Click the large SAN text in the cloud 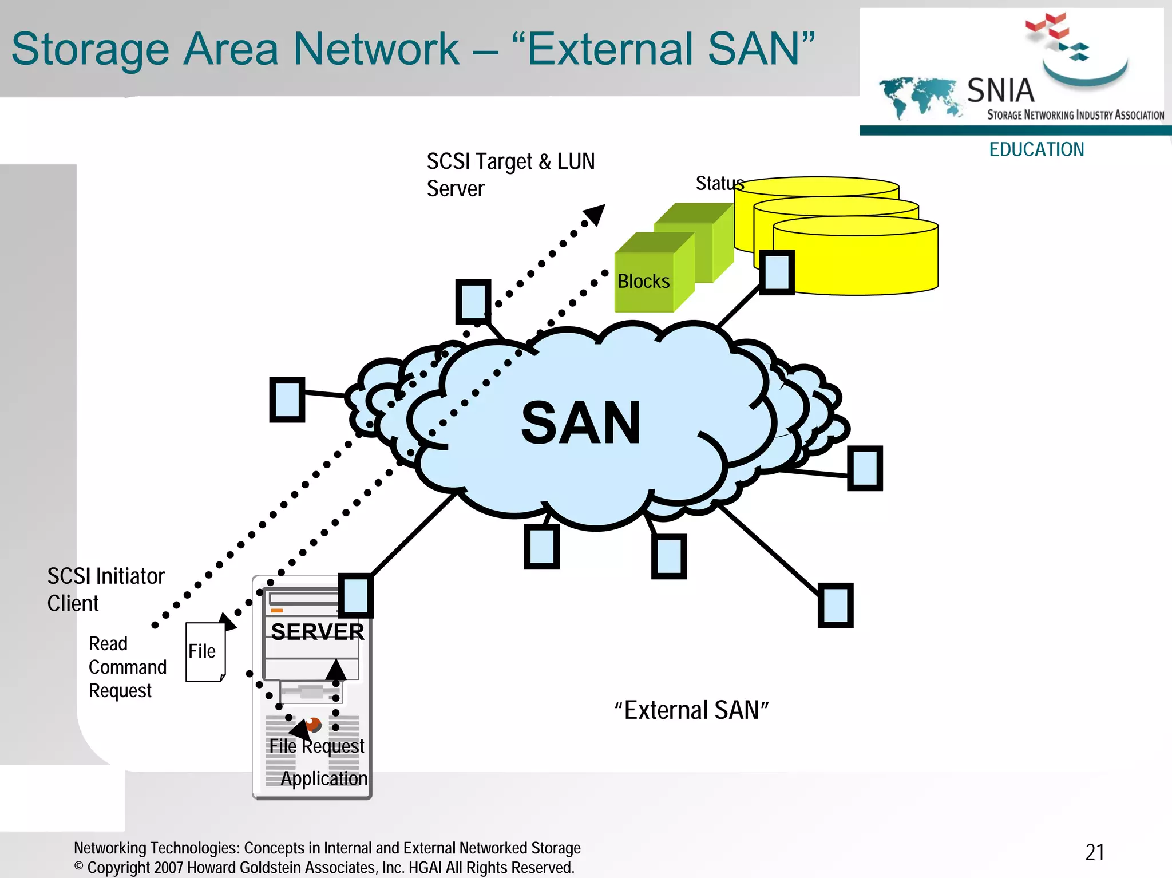(x=581, y=423)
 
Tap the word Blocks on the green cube (x=643, y=282)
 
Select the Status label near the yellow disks (x=719, y=184)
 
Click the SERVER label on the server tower (x=318, y=632)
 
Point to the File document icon (x=205, y=652)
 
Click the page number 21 (x=1095, y=852)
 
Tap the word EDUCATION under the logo (x=1036, y=149)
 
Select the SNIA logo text (x=1000, y=90)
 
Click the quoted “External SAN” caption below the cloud (x=691, y=710)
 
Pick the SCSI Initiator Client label (x=106, y=590)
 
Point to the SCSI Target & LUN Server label (x=510, y=175)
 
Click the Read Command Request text (x=127, y=667)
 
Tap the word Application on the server (x=324, y=778)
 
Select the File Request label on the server (x=316, y=746)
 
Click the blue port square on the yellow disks (x=777, y=272)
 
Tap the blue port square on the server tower (x=355, y=596)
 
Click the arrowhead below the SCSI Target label (x=595, y=215)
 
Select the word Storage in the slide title (x=90, y=49)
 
